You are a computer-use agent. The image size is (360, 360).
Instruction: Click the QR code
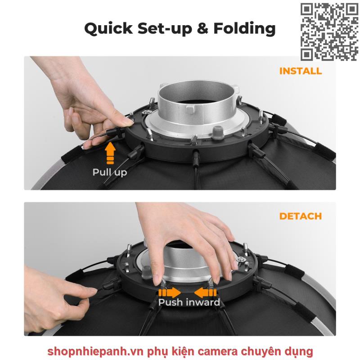(x=329, y=32)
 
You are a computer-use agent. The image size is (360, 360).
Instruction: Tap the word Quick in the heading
(x=108, y=29)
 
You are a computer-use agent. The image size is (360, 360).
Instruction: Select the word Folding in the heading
(x=244, y=29)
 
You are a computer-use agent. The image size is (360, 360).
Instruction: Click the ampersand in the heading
(x=202, y=28)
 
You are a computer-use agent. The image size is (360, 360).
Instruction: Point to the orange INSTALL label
(x=301, y=71)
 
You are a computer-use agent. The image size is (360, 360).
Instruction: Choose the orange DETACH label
(x=301, y=216)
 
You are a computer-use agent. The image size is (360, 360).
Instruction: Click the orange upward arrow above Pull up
(x=110, y=153)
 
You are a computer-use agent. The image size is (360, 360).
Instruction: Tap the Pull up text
(x=110, y=172)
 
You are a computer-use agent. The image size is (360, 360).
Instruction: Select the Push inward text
(x=189, y=302)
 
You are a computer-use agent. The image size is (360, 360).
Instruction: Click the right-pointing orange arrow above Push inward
(x=170, y=293)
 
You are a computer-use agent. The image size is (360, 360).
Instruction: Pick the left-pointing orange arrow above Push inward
(x=205, y=293)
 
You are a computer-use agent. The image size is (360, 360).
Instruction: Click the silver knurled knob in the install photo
(x=217, y=132)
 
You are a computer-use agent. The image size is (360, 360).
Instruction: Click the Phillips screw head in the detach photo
(x=240, y=260)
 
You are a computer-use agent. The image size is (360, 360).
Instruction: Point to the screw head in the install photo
(x=146, y=112)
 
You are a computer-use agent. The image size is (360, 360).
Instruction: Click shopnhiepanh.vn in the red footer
(x=96, y=351)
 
